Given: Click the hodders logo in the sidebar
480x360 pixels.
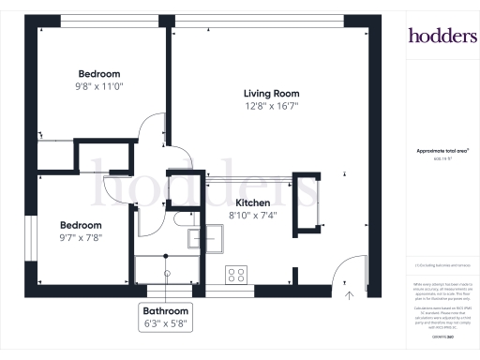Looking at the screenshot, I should point(442,36).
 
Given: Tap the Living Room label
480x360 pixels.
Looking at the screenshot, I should point(271,93).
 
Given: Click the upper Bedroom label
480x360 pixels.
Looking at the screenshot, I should point(98,74).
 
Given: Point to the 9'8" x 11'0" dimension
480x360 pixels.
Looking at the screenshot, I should point(98,87).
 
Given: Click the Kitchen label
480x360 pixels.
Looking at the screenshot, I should point(253,202).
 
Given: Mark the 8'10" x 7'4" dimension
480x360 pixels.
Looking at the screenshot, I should point(253,216).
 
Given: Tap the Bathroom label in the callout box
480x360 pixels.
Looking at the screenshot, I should point(166,311).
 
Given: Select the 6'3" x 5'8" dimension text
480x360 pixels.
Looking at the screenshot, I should point(166,324).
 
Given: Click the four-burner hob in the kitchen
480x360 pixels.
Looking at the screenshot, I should point(236,275).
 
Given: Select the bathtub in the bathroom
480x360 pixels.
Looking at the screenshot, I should point(165,271).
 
